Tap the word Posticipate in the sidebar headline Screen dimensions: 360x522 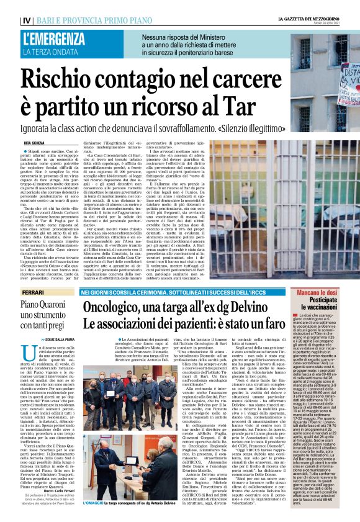coord(323,299)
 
